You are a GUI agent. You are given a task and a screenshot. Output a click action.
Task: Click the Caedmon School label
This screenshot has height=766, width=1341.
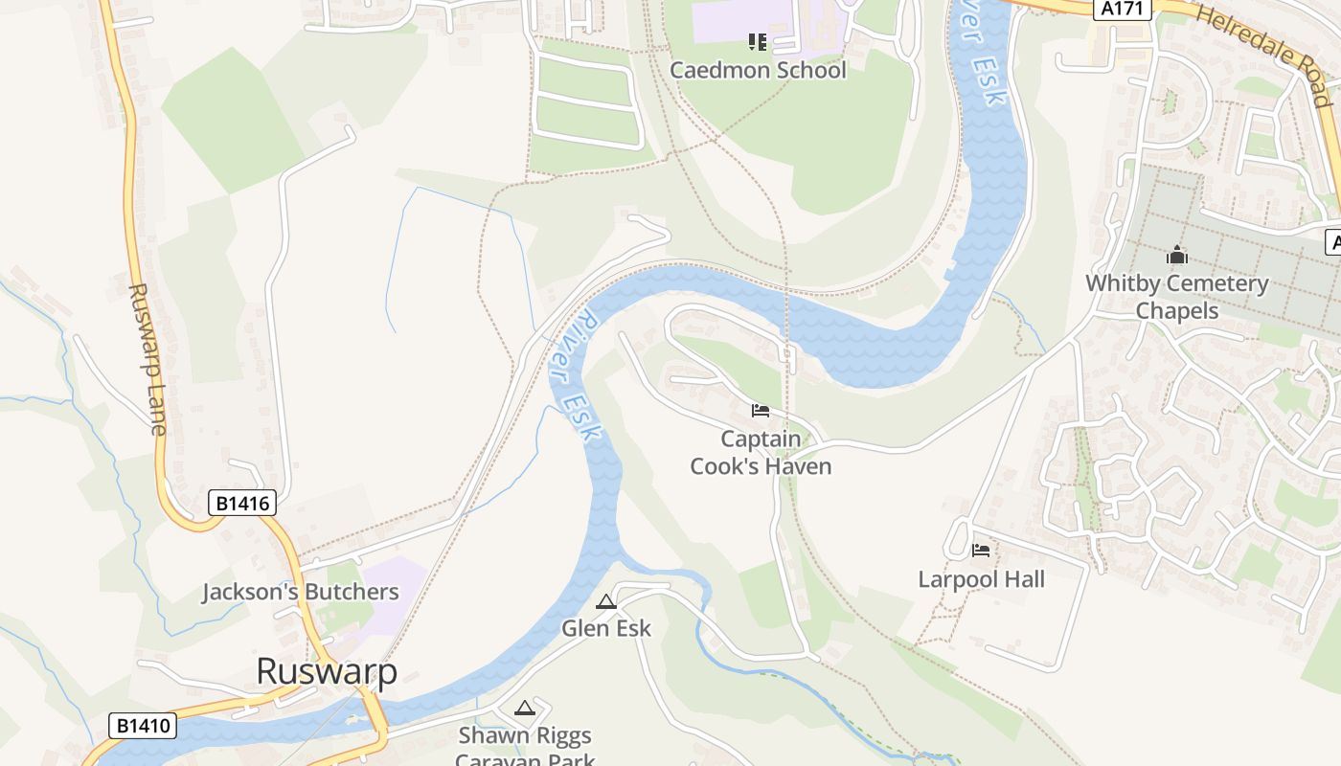[x=758, y=70]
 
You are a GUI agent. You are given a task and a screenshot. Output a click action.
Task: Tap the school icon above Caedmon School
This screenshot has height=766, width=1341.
[x=758, y=41]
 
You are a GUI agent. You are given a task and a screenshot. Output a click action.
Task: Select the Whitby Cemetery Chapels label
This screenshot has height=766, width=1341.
[x=1176, y=297]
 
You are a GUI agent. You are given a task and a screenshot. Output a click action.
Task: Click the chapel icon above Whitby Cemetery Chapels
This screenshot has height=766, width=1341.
[x=1176, y=256]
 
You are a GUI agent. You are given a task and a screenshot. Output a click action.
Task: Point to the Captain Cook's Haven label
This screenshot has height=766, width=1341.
[x=761, y=453]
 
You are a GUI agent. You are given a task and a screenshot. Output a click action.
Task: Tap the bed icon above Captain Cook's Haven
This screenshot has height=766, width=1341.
[x=761, y=411]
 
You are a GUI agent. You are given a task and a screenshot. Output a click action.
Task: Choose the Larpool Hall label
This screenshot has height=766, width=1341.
[x=981, y=579]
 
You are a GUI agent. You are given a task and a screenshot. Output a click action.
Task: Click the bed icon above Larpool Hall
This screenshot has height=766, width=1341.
[x=981, y=551]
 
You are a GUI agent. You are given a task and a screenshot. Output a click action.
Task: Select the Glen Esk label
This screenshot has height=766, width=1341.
[x=605, y=628]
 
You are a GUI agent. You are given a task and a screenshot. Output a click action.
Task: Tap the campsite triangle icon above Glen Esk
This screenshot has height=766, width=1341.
[x=605, y=601]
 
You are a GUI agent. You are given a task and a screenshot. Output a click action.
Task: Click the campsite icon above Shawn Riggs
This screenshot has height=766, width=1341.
[x=524, y=709]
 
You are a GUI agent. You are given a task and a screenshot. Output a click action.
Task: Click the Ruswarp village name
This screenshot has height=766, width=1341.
[x=326, y=671]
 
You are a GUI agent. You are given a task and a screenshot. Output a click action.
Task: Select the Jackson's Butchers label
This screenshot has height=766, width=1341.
[x=300, y=592]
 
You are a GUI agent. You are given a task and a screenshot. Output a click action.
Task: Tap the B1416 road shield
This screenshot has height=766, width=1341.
[x=241, y=502]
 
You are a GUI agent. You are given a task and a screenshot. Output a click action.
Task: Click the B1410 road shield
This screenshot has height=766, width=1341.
[x=144, y=726]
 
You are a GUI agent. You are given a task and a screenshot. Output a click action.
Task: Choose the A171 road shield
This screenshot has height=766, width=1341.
[x=1120, y=9]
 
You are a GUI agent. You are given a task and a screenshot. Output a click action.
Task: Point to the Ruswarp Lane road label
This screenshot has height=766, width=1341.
[x=147, y=359]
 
